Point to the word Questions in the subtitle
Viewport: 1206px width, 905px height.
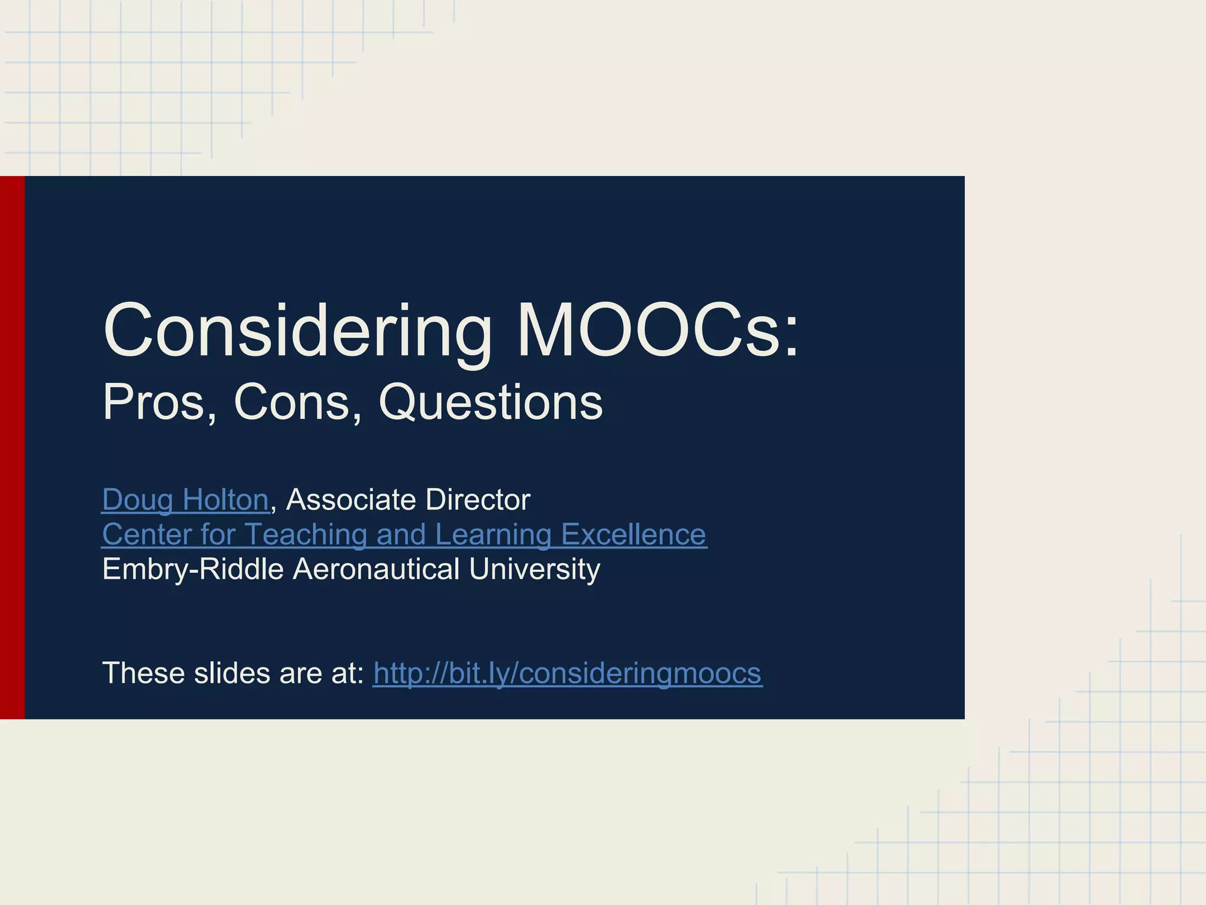491,402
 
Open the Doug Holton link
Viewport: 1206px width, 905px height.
185,500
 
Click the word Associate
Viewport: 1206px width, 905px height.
351,500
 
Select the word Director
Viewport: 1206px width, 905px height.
478,500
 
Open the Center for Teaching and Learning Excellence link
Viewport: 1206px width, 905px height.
404,534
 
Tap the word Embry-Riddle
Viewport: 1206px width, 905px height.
193,569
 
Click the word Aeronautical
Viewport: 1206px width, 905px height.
376,569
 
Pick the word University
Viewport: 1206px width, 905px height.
535,569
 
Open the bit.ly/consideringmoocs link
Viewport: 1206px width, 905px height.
568,673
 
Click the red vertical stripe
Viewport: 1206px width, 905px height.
12,447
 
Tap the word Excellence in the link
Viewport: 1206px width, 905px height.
634,534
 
